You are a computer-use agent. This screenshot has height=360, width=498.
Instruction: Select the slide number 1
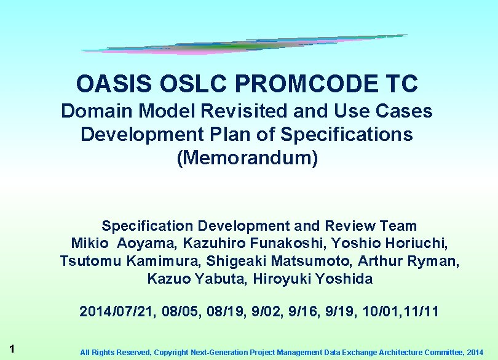[12, 348]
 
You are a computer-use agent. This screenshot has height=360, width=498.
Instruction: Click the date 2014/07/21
[117, 311]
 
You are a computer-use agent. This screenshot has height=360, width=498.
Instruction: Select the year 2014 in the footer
[475, 353]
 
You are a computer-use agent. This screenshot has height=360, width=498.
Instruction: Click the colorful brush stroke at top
[246, 44]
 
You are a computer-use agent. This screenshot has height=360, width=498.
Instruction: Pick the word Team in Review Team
[399, 226]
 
